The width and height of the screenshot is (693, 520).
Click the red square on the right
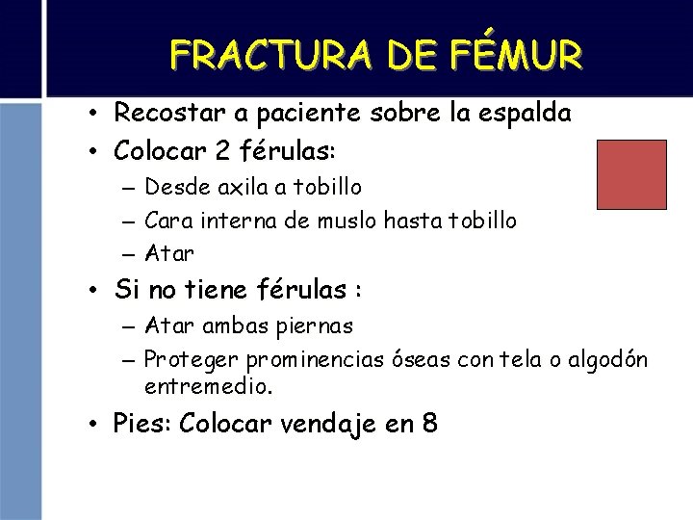pos(631,174)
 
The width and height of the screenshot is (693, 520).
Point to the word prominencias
pos(311,360)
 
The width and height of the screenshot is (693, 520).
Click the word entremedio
pos(208,387)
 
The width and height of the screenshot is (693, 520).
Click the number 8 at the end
pos(427,424)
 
